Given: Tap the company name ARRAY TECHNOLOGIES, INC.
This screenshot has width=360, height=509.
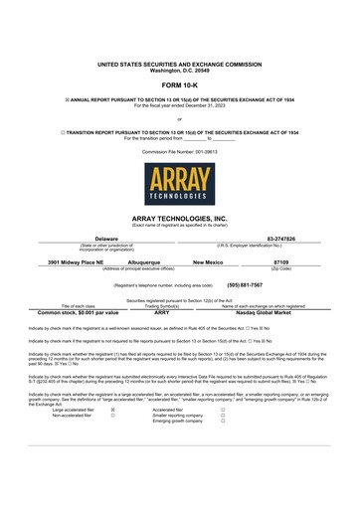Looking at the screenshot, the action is pos(180,217).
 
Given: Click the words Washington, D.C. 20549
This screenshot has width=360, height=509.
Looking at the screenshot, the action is pos(180,70).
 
